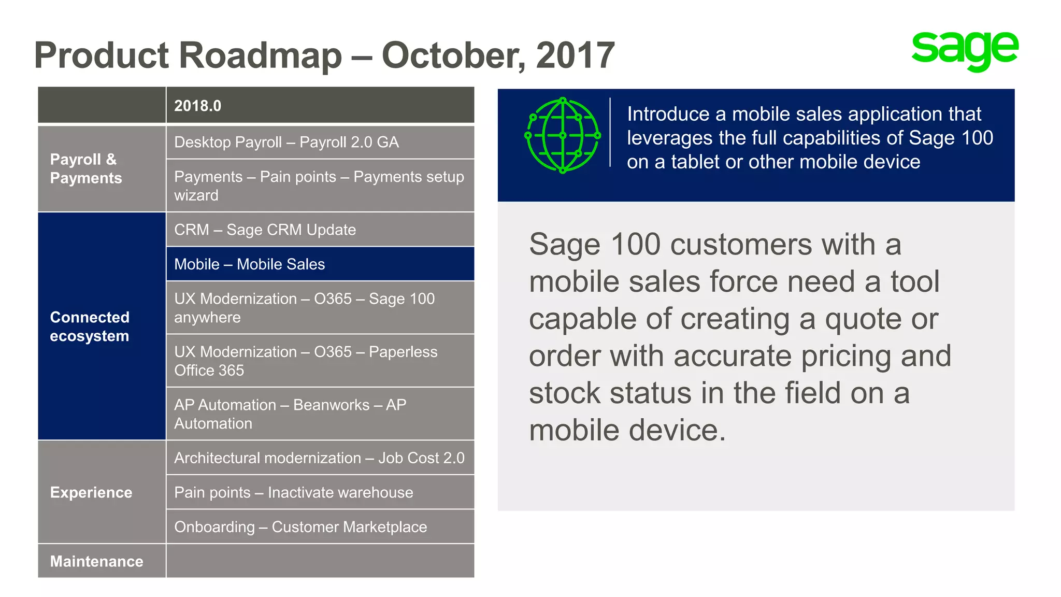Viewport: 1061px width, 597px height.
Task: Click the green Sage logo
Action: (x=965, y=50)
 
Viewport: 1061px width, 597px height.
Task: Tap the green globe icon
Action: (x=563, y=136)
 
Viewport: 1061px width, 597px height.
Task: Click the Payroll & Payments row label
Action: (x=86, y=168)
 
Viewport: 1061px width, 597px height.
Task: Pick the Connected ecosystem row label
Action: (x=90, y=326)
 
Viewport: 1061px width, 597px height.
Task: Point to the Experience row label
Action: (x=91, y=492)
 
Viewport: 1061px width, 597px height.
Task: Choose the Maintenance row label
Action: (x=97, y=561)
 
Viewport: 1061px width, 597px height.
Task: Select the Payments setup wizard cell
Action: (x=319, y=186)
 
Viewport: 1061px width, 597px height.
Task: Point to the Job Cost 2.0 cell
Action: (x=319, y=458)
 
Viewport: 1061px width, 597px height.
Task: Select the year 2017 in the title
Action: (x=575, y=55)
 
